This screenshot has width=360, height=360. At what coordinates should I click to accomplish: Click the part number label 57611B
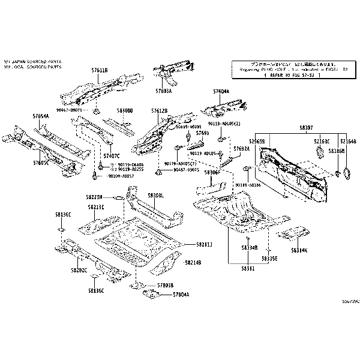click(x=100, y=70)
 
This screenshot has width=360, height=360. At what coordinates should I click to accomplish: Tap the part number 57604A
click(x=221, y=91)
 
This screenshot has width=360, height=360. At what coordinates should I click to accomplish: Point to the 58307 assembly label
click(x=306, y=128)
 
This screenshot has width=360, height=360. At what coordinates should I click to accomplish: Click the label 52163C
click(x=322, y=142)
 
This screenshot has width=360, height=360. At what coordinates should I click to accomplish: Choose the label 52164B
click(x=347, y=142)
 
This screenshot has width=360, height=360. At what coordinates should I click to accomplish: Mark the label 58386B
click(x=337, y=151)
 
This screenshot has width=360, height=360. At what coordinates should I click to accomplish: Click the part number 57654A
click(x=41, y=115)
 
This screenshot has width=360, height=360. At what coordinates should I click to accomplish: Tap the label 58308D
click(x=125, y=111)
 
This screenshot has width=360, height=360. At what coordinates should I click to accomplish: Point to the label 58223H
click(x=95, y=197)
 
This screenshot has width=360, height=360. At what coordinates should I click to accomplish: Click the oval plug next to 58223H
click(x=118, y=197)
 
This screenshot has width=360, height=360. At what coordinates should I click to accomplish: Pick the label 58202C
click(x=78, y=271)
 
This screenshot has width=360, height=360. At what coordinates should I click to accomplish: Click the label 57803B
click(x=165, y=286)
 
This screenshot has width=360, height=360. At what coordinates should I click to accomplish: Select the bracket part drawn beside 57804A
click(x=148, y=294)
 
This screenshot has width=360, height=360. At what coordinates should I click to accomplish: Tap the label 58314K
click(x=299, y=250)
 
